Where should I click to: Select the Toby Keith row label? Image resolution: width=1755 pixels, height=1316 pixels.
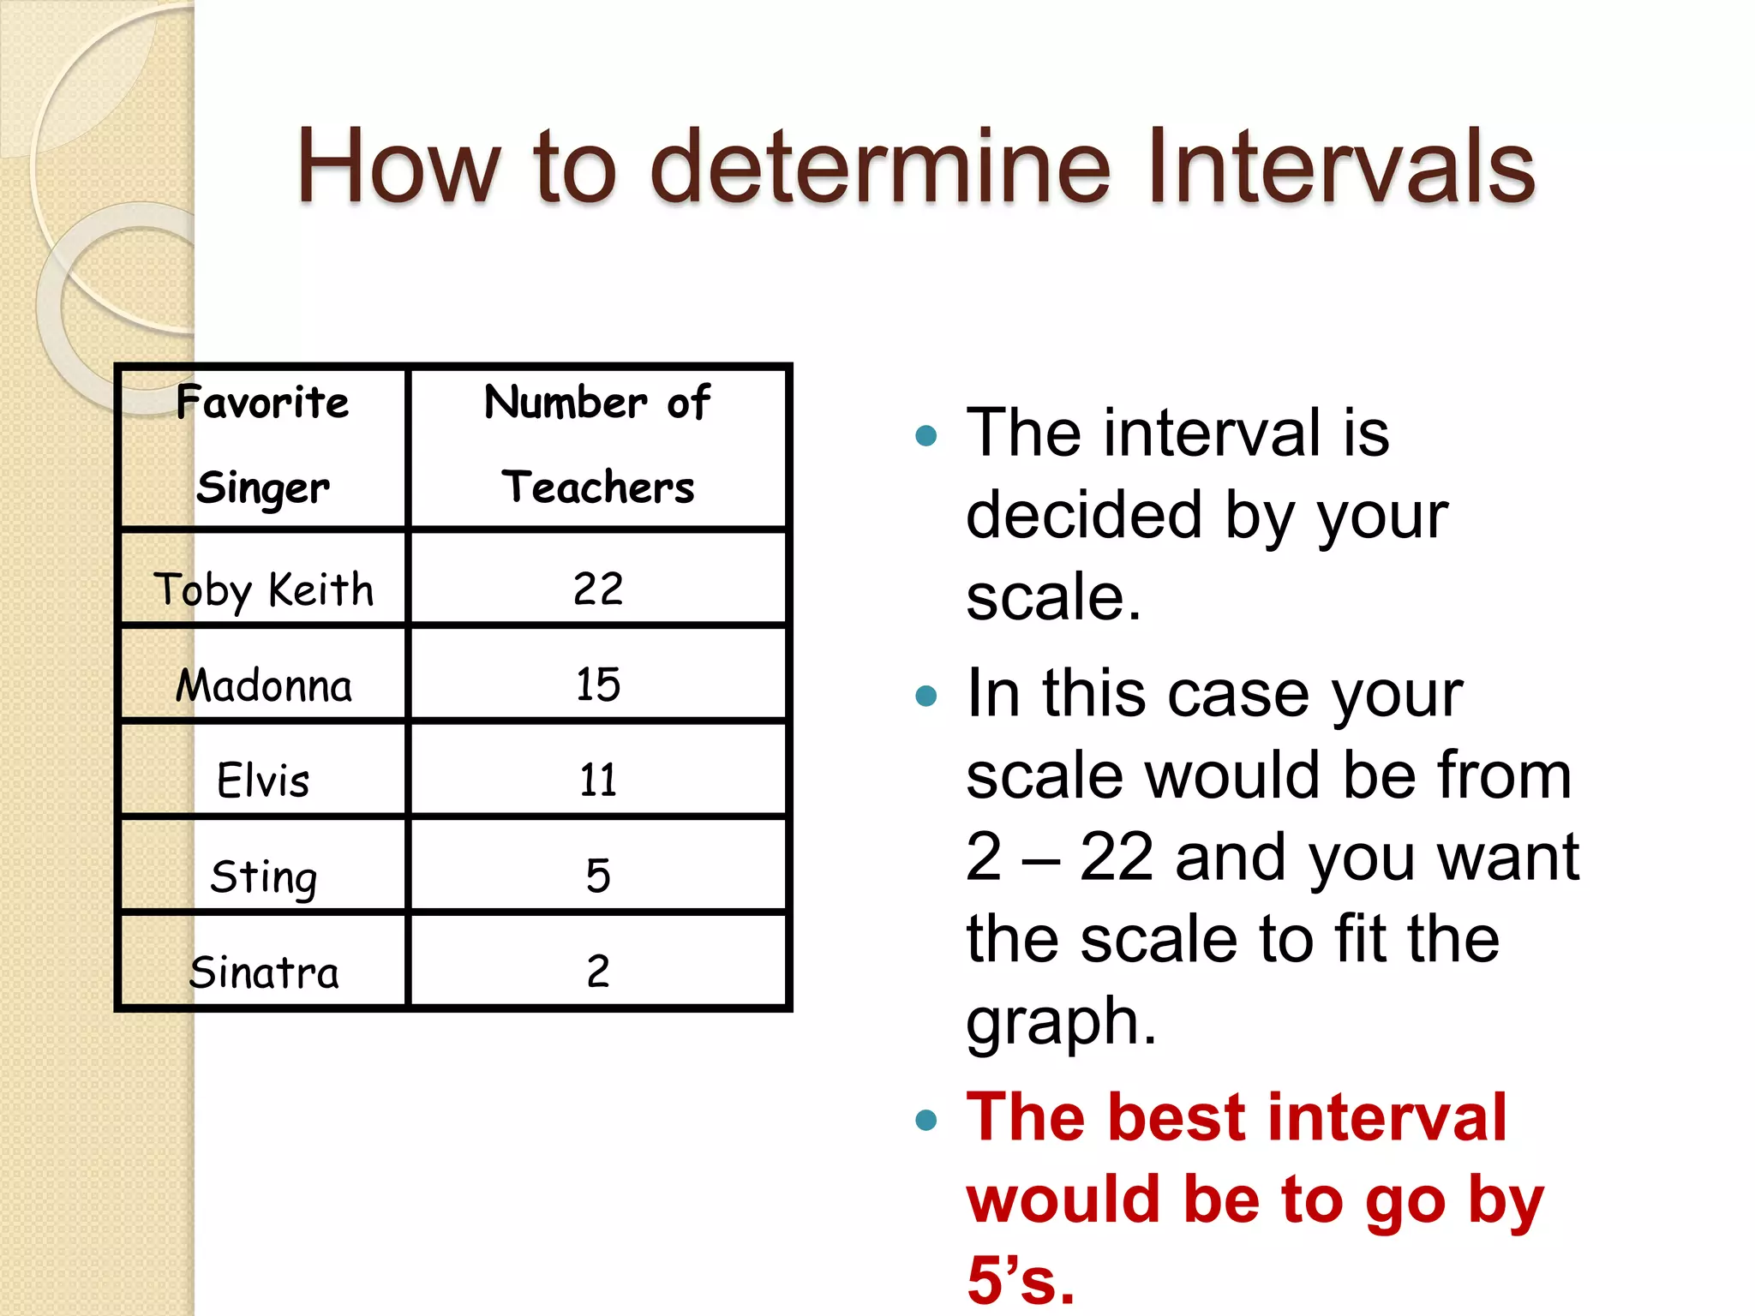click(263, 589)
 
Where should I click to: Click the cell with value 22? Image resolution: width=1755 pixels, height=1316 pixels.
click(598, 589)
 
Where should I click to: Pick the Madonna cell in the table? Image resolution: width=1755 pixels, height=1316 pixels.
click(263, 685)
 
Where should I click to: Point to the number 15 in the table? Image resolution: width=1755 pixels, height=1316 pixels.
click(598, 685)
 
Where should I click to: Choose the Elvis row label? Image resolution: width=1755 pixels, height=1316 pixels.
click(263, 781)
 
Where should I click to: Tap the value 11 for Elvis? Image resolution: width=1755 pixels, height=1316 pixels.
click(598, 781)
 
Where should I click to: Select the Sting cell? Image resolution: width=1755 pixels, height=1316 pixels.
click(263, 876)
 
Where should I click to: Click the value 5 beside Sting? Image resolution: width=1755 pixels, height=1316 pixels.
click(598, 876)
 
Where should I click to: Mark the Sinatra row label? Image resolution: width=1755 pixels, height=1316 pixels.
click(263, 972)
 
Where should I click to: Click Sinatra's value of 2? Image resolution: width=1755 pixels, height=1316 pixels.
click(598, 972)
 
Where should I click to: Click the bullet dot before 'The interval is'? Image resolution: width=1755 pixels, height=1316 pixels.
click(926, 436)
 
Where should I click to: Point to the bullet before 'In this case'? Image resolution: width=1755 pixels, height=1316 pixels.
click(926, 695)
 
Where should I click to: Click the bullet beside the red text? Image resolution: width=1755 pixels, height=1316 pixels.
click(926, 1120)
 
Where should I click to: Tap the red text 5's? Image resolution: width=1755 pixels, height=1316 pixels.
click(1020, 1279)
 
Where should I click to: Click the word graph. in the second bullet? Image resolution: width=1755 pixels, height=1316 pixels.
click(1061, 1021)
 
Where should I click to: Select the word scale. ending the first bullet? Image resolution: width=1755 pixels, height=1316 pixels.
click(1053, 597)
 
